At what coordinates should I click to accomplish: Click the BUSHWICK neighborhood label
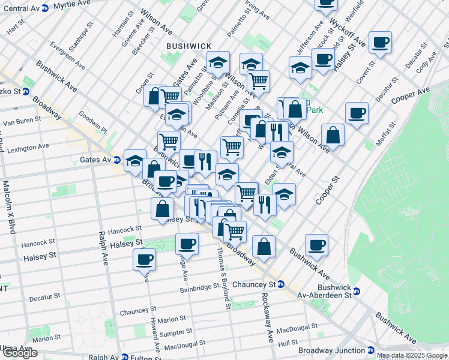189,46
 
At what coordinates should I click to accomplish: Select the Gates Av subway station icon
116,160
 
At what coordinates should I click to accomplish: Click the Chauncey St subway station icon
281,284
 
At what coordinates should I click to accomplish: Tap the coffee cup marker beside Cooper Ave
357,112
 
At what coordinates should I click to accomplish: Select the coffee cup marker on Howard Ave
144,259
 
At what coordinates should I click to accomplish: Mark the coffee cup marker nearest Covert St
380,42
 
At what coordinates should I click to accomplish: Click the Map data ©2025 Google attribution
412,355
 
